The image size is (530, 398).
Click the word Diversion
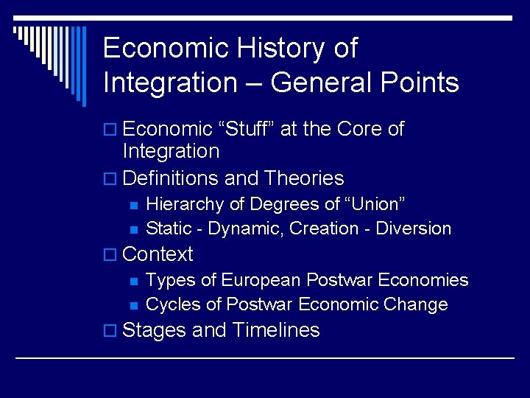413,228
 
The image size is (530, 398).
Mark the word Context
158,254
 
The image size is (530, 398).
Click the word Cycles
174,304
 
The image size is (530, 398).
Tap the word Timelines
275,330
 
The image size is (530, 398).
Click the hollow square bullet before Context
110,255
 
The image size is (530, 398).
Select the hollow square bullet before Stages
110,331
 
